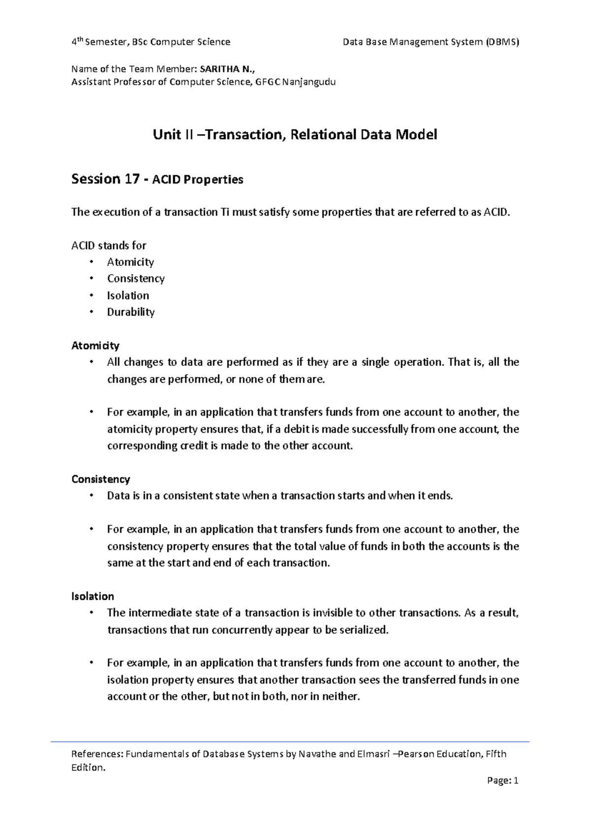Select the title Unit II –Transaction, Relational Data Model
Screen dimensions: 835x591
click(295, 134)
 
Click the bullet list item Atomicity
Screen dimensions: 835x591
click(131, 262)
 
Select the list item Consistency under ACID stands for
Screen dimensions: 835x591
click(136, 279)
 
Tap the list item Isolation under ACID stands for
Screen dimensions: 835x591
click(128, 295)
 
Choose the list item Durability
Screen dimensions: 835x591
click(131, 312)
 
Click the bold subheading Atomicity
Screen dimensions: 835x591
click(96, 346)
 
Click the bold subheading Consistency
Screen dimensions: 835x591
click(101, 479)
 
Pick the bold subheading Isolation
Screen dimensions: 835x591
click(93, 596)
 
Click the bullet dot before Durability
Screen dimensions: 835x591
click(92, 312)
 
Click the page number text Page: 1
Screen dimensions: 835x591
click(502, 781)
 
